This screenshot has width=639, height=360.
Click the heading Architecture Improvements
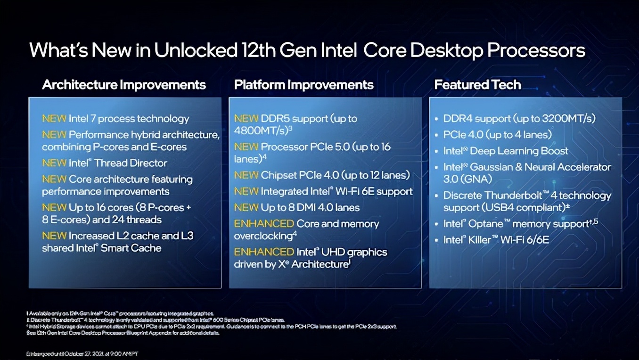tap(124, 85)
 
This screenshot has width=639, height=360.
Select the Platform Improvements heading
tap(303, 85)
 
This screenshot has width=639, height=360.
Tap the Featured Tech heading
tap(477, 85)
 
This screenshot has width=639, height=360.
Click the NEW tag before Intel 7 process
tap(54, 119)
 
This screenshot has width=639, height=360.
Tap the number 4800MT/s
tap(261, 131)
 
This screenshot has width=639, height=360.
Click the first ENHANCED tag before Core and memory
tap(264, 224)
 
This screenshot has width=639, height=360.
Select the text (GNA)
tap(477, 179)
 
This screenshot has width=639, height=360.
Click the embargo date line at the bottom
tap(82, 353)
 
